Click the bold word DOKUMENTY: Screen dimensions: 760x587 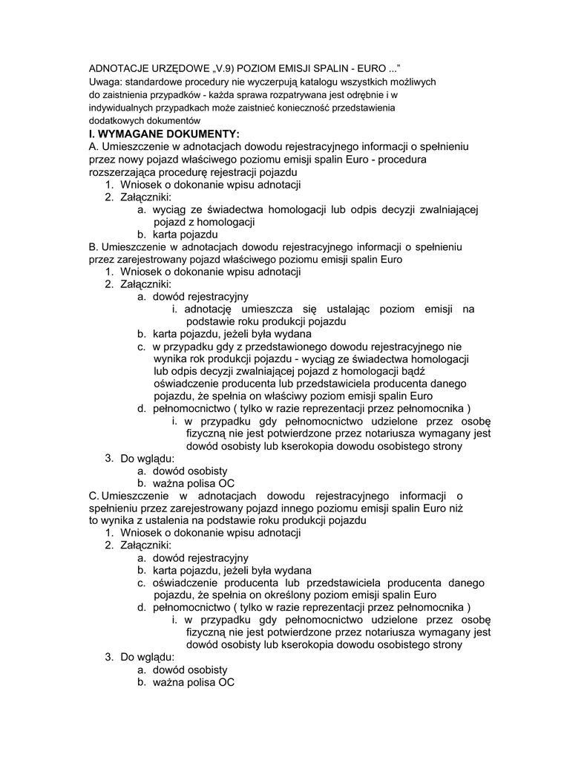204,134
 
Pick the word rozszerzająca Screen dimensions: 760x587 123,172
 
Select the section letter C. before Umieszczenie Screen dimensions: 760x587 94,496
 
